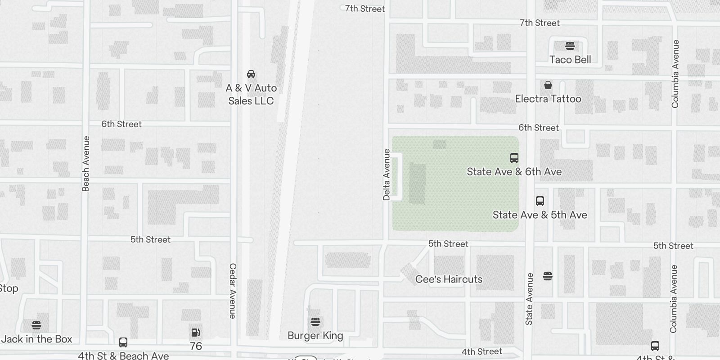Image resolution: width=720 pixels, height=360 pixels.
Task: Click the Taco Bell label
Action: click(570, 59)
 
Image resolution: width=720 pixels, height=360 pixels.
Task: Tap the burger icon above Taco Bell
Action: click(570, 46)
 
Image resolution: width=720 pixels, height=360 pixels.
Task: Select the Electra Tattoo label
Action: click(548, 99)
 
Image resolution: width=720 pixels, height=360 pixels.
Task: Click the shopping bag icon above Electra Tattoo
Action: click(548, 85)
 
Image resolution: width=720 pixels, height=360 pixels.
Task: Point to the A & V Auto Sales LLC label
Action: click(251, 94)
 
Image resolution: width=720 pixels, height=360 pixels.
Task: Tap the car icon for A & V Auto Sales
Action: click(251, 74)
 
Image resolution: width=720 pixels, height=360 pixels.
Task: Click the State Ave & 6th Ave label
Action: click(514, 171)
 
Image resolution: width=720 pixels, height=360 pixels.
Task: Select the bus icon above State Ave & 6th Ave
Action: click(514, 158)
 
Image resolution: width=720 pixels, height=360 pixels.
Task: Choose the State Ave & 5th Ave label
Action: click(540, 215)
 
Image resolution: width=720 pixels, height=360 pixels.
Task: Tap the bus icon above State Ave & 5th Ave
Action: click(540, 201)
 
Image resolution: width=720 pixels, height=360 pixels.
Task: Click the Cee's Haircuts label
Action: click(449, 279)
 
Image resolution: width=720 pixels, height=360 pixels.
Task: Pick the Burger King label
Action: click(315, 335)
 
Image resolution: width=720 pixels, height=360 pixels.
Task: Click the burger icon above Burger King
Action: click(315, 322)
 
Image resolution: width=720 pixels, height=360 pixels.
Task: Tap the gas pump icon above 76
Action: click(196, 333)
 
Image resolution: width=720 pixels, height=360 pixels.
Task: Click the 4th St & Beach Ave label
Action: click(123, 355)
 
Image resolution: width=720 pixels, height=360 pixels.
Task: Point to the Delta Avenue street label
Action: click(387, 175)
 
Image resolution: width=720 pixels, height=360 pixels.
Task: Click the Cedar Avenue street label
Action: click(233, 291)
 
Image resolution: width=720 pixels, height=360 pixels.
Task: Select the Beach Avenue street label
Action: click(86, 163)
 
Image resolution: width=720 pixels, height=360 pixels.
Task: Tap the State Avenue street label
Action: click(529, 298)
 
